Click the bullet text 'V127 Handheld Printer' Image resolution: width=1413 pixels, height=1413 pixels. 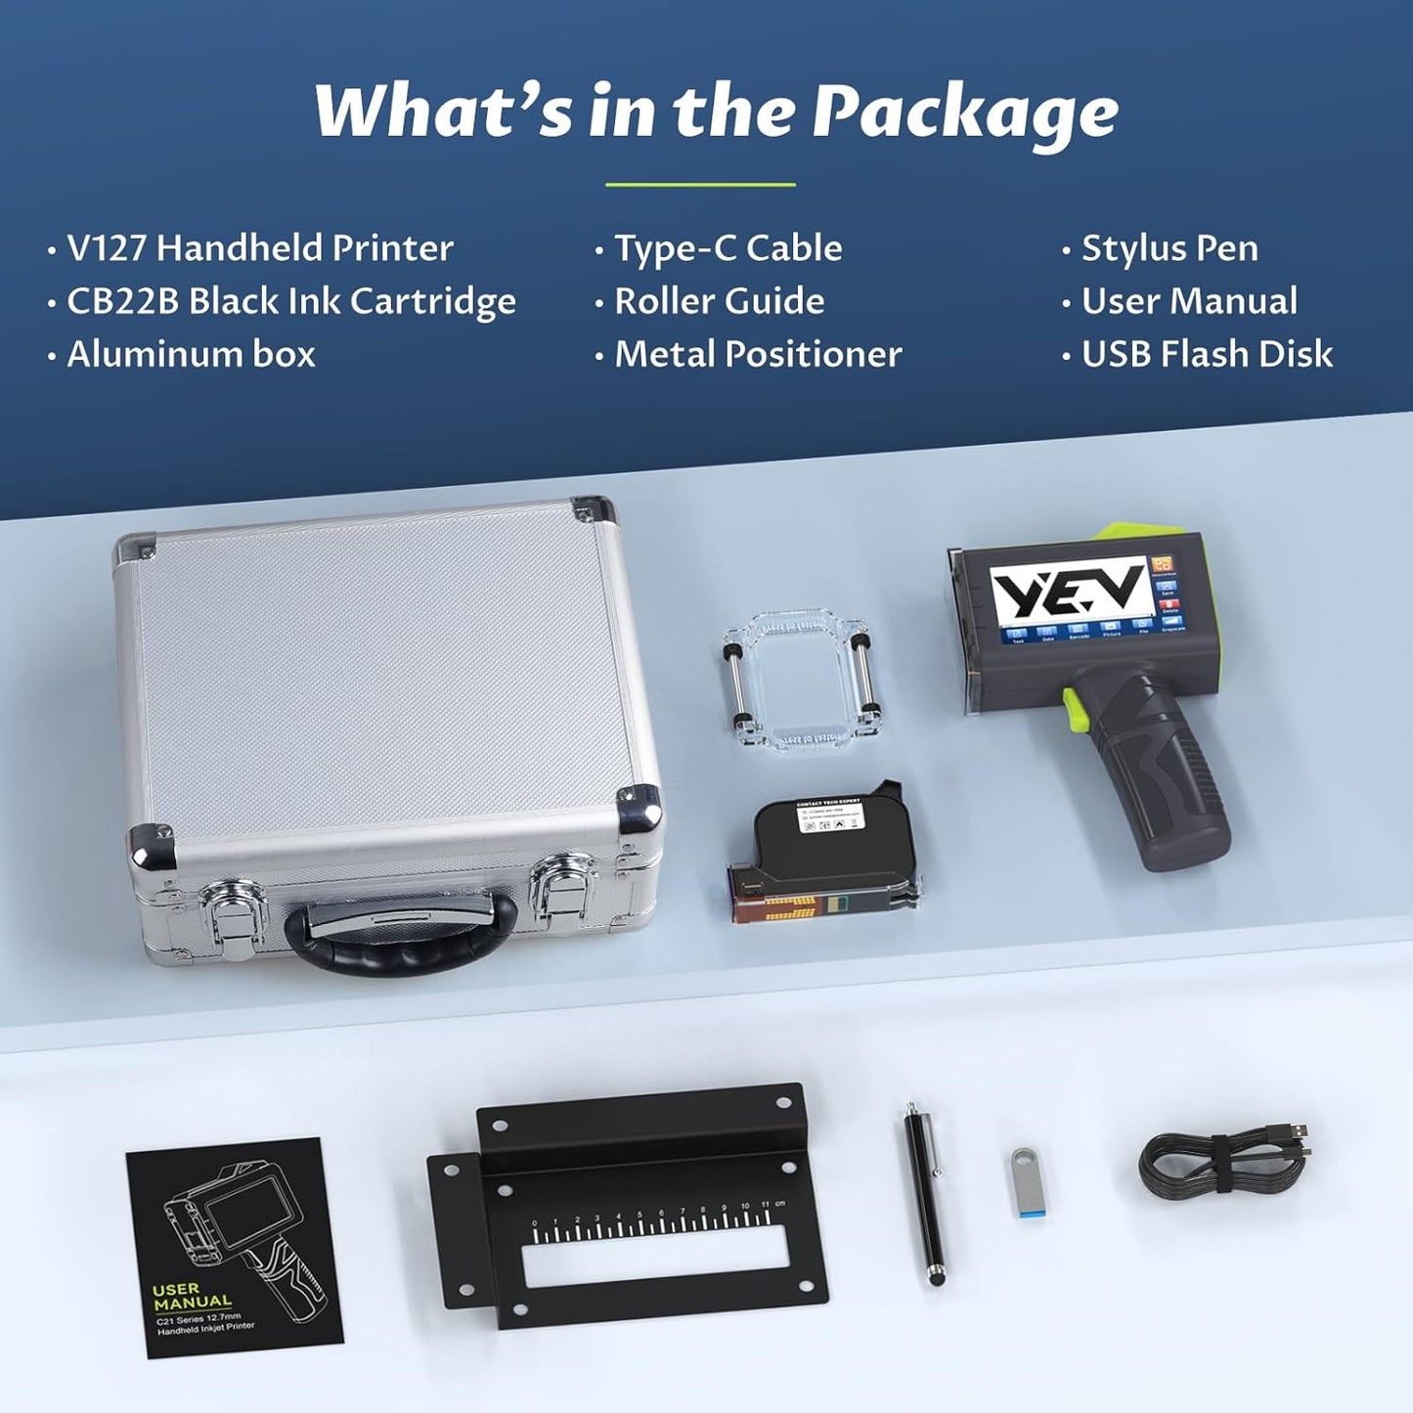coord(259,248)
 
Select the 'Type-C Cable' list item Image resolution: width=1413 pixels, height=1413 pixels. coord(728,248)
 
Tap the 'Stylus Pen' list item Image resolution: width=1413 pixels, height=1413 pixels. coord(1170,248)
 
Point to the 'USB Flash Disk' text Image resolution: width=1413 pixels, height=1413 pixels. coord(1207,354)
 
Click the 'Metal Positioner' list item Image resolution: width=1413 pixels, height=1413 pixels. coord(758,354)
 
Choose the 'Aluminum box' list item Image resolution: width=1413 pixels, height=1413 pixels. coord(191,354)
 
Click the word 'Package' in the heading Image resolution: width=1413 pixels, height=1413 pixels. coord(965,111)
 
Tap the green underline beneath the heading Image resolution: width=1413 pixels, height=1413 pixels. coord(700,184)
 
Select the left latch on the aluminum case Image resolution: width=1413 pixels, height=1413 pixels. coord(235,905)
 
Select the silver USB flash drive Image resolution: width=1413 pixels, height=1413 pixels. coord(1025,1185)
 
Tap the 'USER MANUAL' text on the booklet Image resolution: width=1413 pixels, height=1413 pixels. coord(193,1296)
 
